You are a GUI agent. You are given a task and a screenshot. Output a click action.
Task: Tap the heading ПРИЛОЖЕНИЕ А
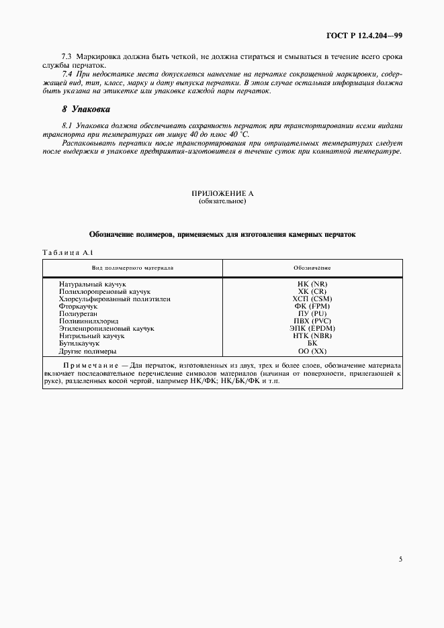222,193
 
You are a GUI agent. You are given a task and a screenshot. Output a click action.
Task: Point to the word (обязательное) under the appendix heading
222,201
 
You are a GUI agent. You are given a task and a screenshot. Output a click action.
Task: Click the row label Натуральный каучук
88,284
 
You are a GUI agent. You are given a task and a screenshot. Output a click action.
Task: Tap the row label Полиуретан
78,314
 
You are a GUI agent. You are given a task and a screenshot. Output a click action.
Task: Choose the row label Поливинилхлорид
88,321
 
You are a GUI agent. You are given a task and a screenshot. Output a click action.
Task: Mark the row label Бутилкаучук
79,344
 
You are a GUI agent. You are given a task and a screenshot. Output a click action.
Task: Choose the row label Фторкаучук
79,307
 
